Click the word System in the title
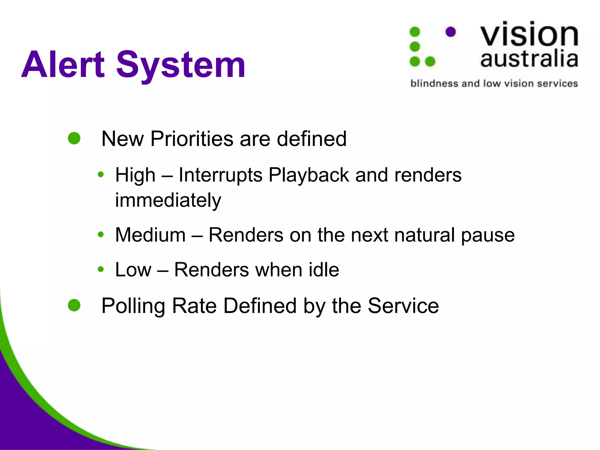pos(181,65)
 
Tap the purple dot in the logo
pos(451,32)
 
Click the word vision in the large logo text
pos(529,35)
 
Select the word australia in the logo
pos(529,59)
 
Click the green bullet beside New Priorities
pos(74,138)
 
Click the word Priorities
pos(192,139)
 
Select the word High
pos(135,175)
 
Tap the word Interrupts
pos(221,175)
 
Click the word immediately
pos(168,200)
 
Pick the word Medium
pos(151,235)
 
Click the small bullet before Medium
pos(101,234)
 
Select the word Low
pos(133,270)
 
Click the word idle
pos(324,270)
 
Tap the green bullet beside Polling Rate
pos(74,305)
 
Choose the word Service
pos(403,306)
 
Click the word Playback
pos(309,175)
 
